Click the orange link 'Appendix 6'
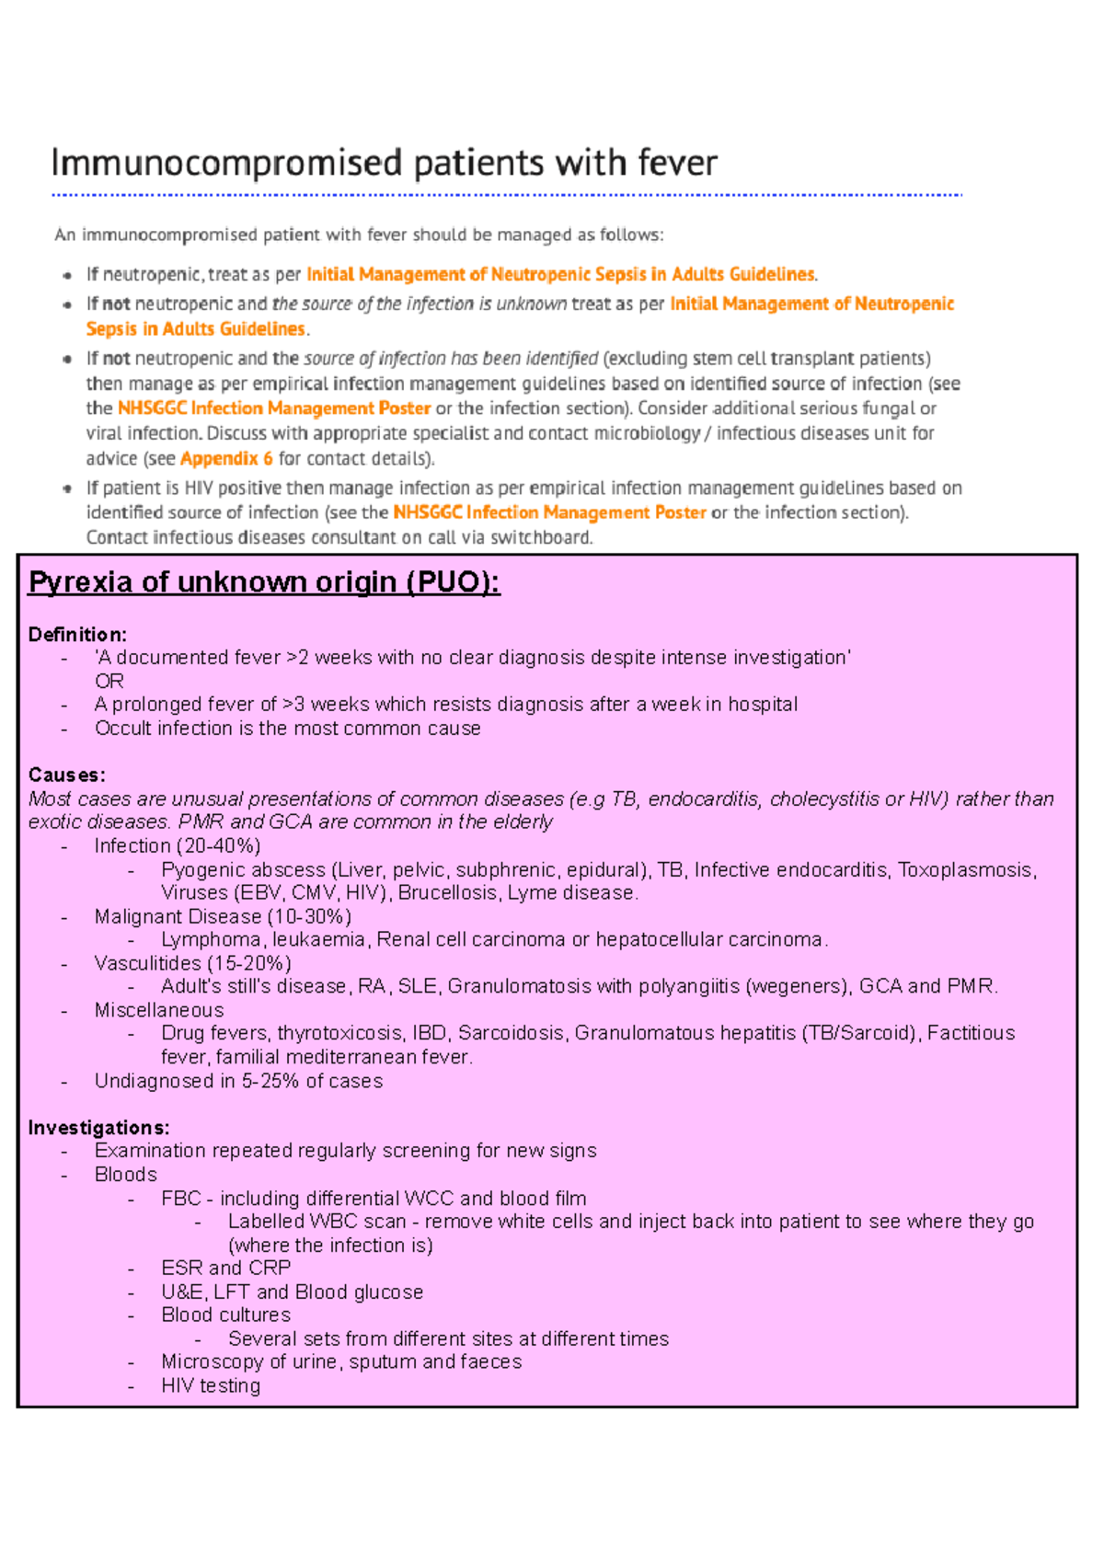226,458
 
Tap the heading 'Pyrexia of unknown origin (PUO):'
264,582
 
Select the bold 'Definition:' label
77,635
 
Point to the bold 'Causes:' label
66,775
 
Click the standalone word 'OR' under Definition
109,682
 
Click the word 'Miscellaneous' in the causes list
158,1011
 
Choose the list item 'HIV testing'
211,1386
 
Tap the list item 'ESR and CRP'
225,1269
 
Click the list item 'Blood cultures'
225,1315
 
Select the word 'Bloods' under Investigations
126,1175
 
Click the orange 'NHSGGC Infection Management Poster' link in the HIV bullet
549,512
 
